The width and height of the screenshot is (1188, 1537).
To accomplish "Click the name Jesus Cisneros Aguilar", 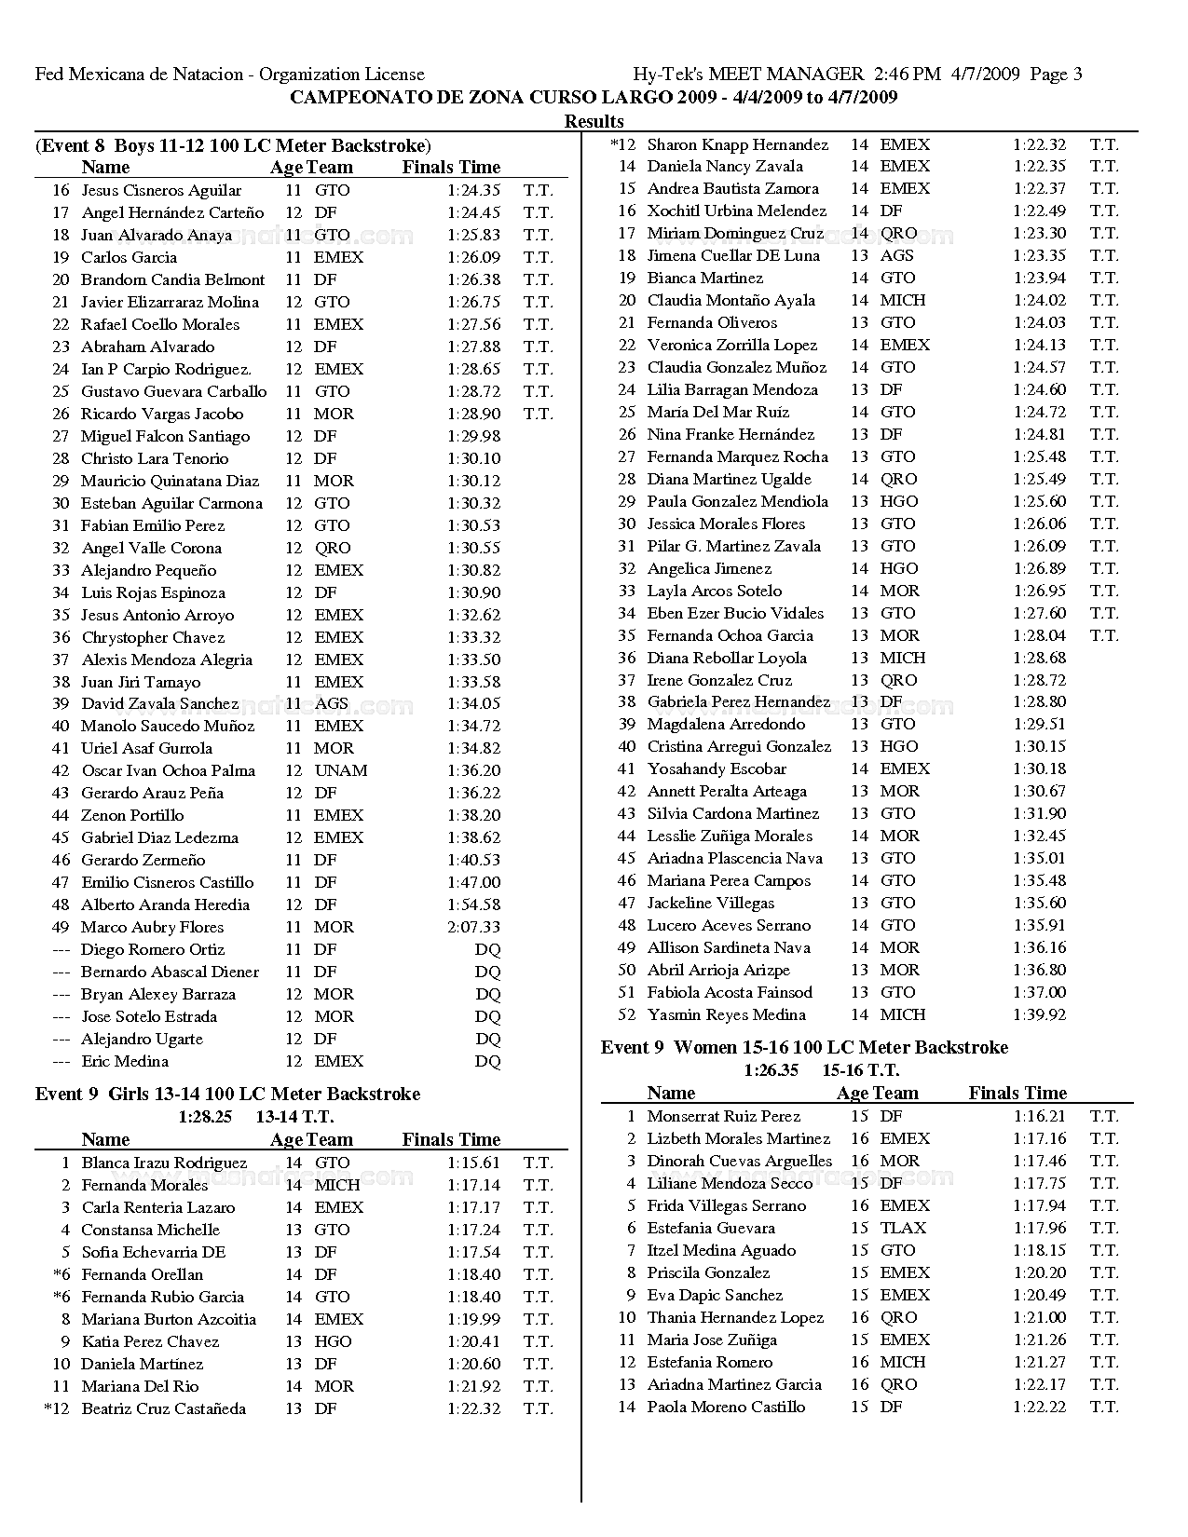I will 161,190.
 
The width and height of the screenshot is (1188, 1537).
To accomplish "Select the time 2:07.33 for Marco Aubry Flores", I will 473,927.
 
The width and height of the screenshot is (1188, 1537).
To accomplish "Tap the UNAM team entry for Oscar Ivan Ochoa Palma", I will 341,770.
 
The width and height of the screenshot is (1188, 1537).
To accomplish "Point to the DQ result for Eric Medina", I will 487,1061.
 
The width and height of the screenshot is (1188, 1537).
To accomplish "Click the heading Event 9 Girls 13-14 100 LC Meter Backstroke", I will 227,1094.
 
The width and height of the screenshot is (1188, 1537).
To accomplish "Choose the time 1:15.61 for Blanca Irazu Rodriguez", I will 473,1163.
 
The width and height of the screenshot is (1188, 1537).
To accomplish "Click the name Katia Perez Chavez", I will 150,1341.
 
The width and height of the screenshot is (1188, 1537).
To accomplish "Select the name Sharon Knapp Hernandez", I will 737,144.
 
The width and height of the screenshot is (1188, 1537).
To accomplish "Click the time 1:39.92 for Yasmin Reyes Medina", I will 1039,1014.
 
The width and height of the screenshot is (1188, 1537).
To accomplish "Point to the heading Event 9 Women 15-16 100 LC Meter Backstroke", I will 804,1047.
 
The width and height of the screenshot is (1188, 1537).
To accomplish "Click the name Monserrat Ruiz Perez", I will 723,1116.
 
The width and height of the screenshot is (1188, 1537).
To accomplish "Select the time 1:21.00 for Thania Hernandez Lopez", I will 1039,1317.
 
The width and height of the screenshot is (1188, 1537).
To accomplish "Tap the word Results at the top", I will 594,121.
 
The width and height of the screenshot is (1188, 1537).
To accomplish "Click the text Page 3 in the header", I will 1057,75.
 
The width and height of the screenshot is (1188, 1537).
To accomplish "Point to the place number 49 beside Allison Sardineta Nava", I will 627,947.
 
